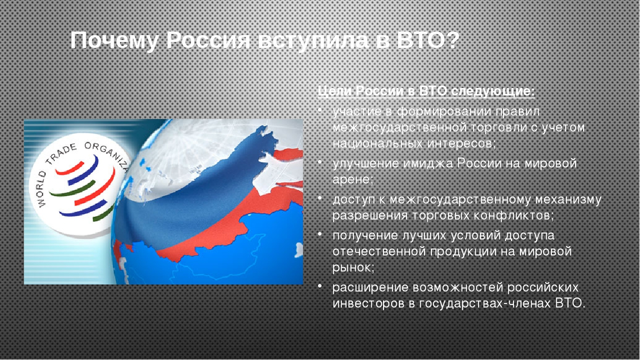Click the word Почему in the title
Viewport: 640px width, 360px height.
[114, 41]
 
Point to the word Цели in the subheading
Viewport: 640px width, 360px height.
[334, 91]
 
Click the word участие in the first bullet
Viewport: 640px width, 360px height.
[357, 111]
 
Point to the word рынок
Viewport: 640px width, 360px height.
[354, 268]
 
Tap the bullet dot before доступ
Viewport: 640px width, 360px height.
[320, 198]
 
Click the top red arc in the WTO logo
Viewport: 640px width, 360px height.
[70, 169]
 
